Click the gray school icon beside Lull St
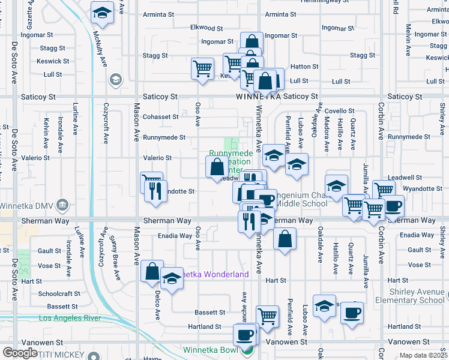(x=115, y=79)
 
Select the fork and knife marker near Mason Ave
(x=156, y=192)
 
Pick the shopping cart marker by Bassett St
(x=267, y=315)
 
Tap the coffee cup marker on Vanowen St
(x=244, y=335)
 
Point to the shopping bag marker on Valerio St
(x=217, y=167)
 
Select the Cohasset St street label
(x=160, y=116)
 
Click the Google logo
(x=20, y=353)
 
